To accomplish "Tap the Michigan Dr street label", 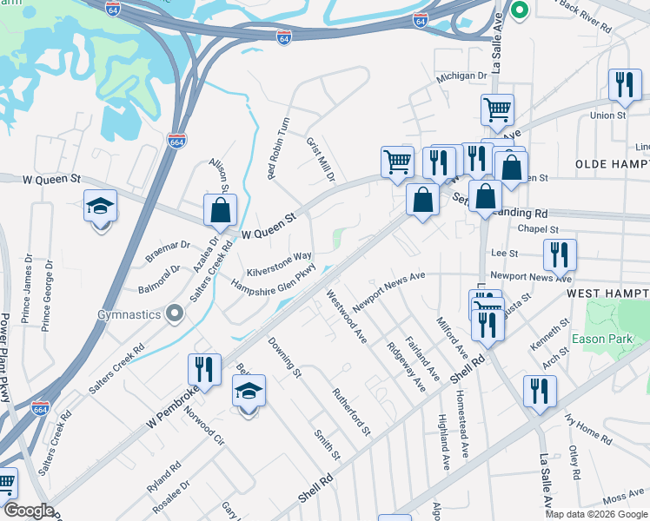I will coord(461,76).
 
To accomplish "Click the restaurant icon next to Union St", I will coord(625,84).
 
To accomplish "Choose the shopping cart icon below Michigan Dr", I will coord(497,109).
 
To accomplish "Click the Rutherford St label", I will coord(352,412).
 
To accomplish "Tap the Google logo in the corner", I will coord(29,511).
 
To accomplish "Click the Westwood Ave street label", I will coord(347,316).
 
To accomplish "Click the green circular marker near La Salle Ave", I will coord(520,11).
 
